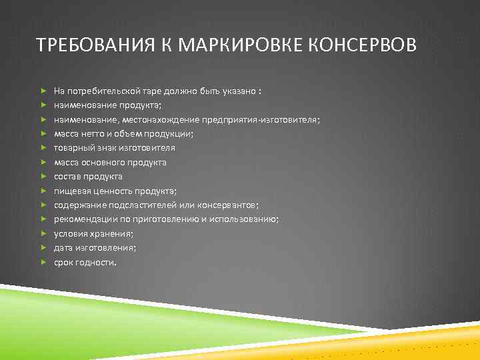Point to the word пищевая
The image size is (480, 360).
click(x=71, y=191)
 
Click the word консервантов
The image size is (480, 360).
click(x=231, y=205)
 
